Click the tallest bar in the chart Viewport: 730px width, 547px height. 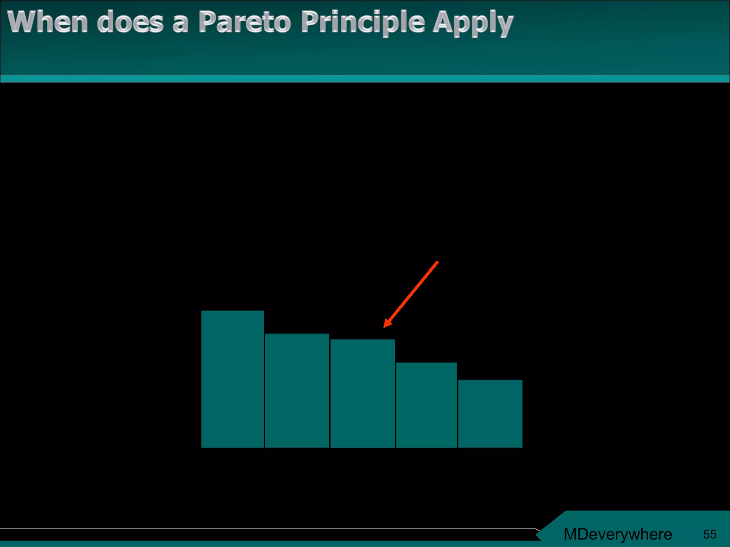point(232,379)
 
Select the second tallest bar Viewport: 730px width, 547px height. point(297,390)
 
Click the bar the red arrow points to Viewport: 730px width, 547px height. point(363,393)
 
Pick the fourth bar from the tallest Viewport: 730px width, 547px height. point(426,405)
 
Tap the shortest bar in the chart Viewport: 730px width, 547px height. point(490,413)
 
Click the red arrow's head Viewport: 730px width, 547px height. point(387,323)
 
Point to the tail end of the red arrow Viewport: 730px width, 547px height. point(437,262)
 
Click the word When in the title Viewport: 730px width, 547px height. point(47,22)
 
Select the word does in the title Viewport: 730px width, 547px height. point(130,22)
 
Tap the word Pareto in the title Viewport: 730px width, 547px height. point(245,22)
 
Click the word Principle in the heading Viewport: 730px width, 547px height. point(363,22)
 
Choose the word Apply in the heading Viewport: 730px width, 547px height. point(473,23)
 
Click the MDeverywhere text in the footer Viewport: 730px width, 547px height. point(617,534)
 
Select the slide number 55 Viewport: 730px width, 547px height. point(709,534)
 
